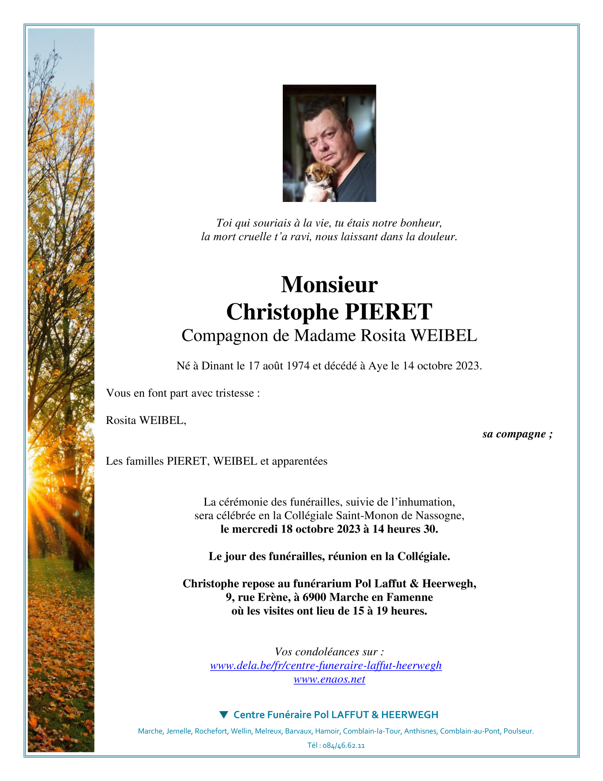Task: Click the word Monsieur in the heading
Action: [329, 285]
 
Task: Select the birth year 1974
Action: [298, 366]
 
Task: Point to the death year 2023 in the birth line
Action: [468, 366]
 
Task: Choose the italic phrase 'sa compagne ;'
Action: [517, 434]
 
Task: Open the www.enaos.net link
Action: [329, 679]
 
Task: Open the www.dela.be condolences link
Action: [326, 666]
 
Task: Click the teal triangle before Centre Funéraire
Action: [224, 715]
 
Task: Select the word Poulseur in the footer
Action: [518, 731]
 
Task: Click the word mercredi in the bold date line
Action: [255, 529]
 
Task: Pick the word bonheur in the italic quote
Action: [420, 223]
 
